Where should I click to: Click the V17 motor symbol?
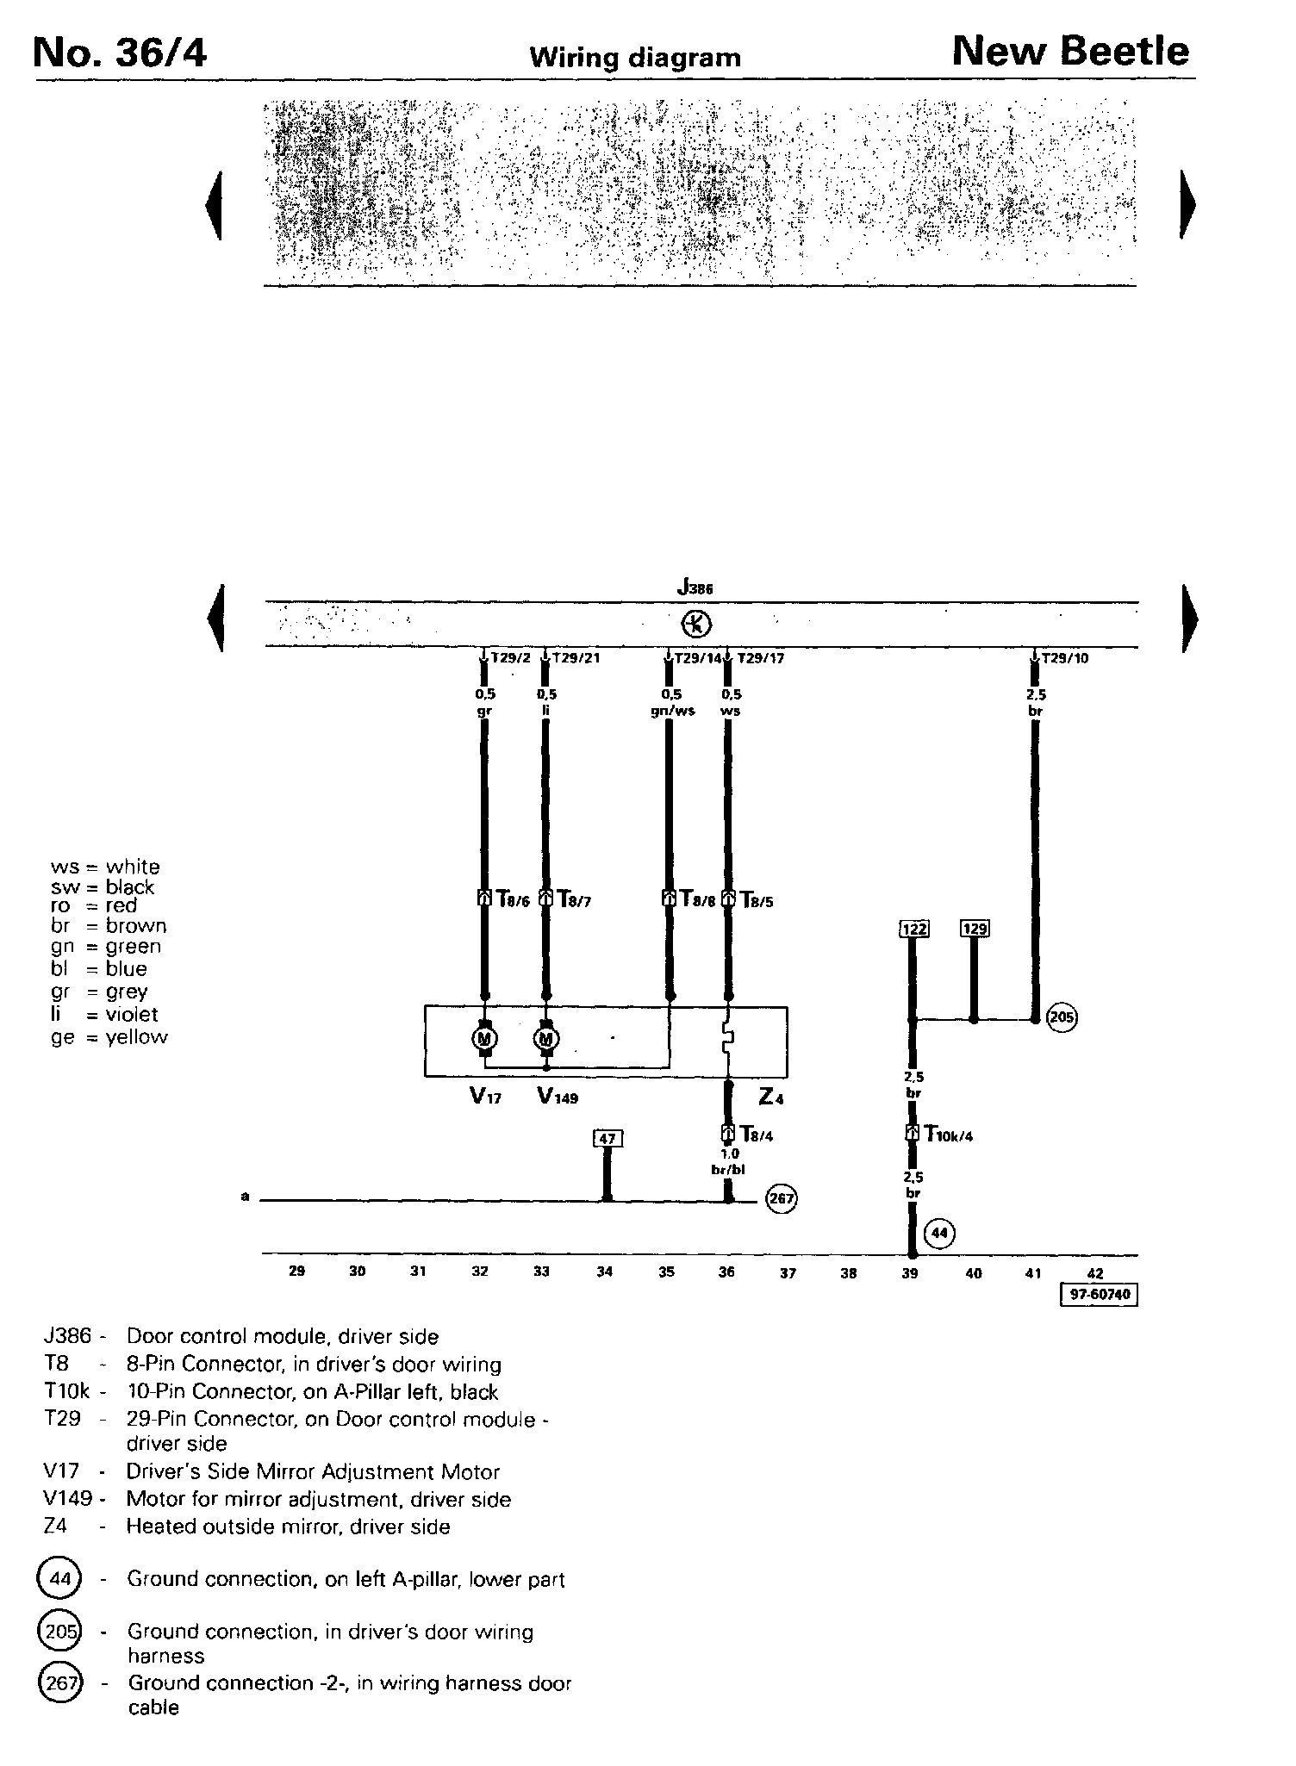pos(484,1039)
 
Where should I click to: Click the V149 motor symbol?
pos(545,1039)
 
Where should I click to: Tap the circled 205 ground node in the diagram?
pos(1062,1018)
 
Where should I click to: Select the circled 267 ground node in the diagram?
pos(782,1198)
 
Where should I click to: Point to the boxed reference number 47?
pos(607,1138)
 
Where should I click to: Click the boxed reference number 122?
pos(913,929)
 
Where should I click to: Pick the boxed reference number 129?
pos(975,928)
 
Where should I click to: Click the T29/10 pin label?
pos(1064,658)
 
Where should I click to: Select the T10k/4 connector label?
pos(948,1135)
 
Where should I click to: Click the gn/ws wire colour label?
pos(672,711)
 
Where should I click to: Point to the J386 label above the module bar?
pos(695,589)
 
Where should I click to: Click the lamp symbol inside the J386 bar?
pos(695,624)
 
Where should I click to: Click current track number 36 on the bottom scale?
pos(726,1272)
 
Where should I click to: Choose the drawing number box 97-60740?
pos(1099,1295)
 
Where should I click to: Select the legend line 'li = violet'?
pos(105,1014)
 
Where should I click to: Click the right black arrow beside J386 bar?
pos(1190,619)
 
